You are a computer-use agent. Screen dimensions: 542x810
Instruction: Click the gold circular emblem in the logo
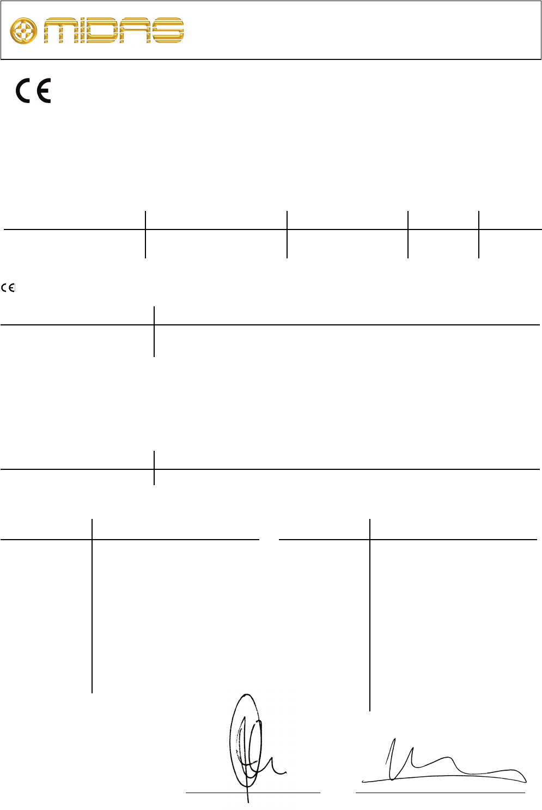tap(24, 31)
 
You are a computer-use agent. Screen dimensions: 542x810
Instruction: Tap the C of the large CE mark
tap(24, 91)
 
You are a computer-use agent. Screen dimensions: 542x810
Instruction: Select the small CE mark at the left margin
tap(8, 288)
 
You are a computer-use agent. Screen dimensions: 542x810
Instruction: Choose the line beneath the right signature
tap(440, 792)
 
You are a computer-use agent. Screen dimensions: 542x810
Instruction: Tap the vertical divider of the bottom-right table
tap(370, 616)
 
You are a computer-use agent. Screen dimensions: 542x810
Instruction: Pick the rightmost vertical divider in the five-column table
tap(479, 234)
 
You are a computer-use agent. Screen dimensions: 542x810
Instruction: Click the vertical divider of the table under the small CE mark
tap(154, 331)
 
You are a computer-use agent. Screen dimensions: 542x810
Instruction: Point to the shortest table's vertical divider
tap(154, 468)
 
